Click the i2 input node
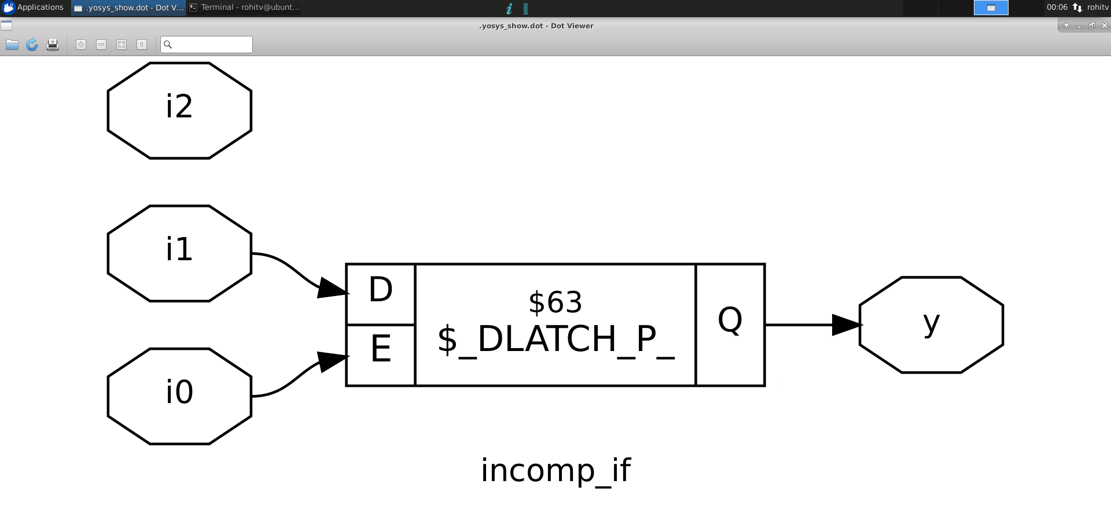(179, 110)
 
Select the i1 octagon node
(179, 253)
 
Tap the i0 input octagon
(179, 396)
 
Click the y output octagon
(931, 324)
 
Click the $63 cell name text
(555, 302)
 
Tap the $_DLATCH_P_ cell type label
(555, 339)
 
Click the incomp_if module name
(555, 470)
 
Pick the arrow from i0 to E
(295, 376)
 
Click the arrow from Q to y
(810, 324)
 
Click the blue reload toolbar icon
(32, 45)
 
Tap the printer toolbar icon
(52, 45)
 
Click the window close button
(1104, 25)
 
